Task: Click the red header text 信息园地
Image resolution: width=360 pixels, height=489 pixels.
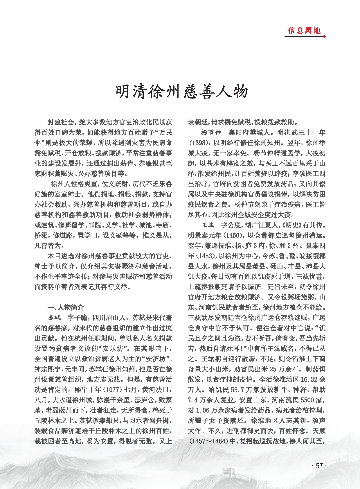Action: tap(304, 31)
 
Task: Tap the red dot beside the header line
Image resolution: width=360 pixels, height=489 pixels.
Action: tap(324, 37)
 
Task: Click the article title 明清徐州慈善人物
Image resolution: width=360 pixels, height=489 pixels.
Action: tap(182, 92)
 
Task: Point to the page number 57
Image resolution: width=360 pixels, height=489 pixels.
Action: tap(319, 466)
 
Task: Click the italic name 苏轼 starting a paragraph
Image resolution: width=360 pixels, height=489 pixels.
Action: tap(54, 318)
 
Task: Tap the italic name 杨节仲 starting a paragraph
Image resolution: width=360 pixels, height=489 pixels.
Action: tap(211, 132)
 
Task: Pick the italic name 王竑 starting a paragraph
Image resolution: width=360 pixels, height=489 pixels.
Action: tap(208, 225)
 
